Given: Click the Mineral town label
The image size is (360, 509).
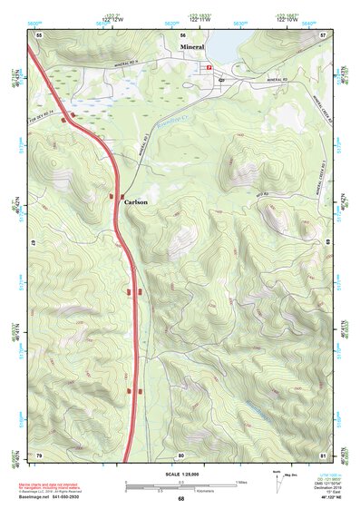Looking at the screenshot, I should (x=192, y=45).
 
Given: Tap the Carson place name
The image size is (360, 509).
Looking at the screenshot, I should (x=136, y=201).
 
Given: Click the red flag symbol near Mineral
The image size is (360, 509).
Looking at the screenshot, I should (x=209, y=67).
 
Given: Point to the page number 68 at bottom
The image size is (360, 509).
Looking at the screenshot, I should (x=180, y=499).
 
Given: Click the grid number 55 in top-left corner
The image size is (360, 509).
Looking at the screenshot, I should (x=38, y=34).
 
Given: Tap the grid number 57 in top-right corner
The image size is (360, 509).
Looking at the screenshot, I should (x=323, y=34).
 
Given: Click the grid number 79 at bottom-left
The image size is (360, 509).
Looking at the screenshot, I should (x=38, y=454).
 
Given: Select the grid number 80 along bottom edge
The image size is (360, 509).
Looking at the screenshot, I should (x=180, y=454).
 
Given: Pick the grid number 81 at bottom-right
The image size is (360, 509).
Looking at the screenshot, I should (x=323, y=454).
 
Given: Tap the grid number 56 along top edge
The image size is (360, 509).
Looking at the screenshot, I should (x=180, y=34).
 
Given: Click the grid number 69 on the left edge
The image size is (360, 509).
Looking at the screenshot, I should (x=38, y=244).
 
